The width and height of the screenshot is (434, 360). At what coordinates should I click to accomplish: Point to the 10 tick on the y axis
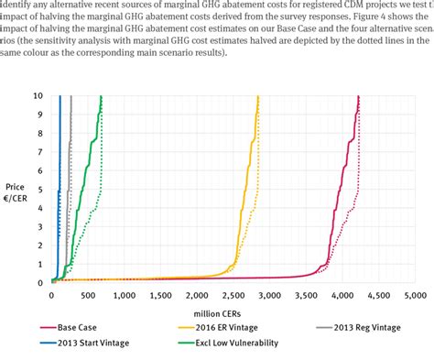38,70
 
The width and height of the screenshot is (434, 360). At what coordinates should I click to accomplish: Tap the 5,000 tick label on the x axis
414,296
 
